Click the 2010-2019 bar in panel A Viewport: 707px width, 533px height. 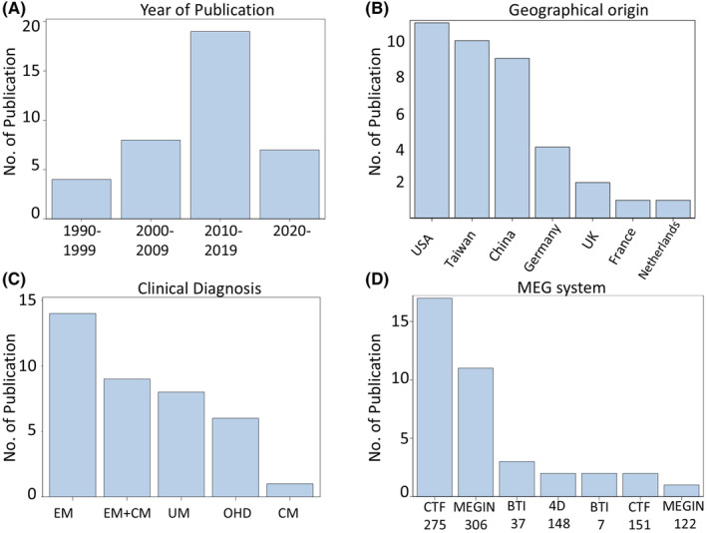(220, 125)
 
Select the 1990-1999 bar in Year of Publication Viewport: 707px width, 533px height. (82, 199)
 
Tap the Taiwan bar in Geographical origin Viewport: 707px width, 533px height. (472, 129)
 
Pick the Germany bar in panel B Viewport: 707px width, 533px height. (552, 183)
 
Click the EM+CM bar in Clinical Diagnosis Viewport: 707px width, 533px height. (128, 438)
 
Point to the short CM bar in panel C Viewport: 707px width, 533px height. (289, 490)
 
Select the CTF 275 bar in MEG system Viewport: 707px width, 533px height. (435, 397)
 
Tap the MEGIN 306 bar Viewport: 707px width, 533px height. (476, 432)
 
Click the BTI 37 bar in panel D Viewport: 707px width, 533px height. (517, 479)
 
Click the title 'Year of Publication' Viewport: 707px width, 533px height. (207, 10)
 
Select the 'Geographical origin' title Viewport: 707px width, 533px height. (578, 10)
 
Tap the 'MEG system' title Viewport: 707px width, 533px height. (561, 287)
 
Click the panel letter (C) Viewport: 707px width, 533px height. (13, 279)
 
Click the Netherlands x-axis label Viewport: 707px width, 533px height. (659, 250)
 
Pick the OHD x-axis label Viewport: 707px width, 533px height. (236, 513)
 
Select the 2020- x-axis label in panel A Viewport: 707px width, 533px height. (292, 232)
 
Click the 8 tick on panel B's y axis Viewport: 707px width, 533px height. (400, 78)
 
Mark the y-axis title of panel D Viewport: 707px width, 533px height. (375, 397)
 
